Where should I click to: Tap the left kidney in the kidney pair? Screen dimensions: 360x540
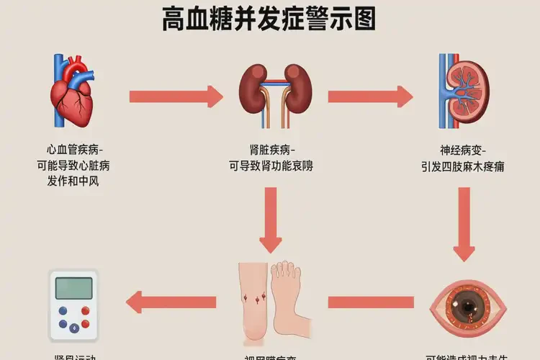pos(251,90)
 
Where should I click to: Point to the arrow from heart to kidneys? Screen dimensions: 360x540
pos(176,96)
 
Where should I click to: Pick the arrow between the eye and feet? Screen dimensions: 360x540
pos(371,301)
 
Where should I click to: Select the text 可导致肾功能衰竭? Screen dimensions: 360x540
pos(271,166)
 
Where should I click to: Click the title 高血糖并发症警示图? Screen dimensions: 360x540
pos(269,19)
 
